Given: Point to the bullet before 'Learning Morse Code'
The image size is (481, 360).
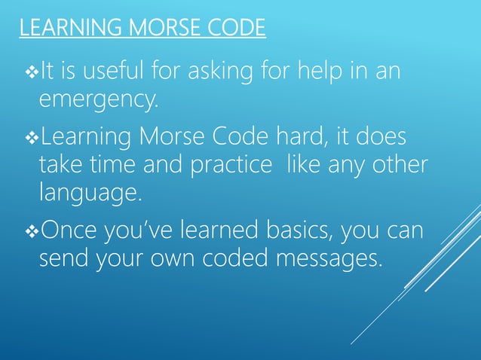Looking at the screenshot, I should pyautogui.click(x=30, y=139).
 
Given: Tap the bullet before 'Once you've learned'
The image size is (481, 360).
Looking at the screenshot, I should pyautogui.click(x=30, y=230).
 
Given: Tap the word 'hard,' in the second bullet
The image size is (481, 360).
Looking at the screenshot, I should pyautogui.click(x=302, y=139).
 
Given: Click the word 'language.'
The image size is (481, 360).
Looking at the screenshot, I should pyautogui.click(x=90, y=194).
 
